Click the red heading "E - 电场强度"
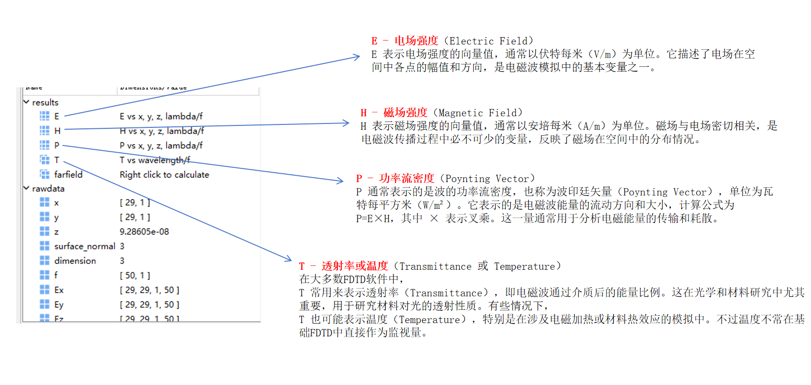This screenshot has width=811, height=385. click(404, 41)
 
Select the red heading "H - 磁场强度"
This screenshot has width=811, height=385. click(394, 113)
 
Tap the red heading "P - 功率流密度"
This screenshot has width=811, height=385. click(395, 179)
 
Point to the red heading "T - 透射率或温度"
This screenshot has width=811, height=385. click(343, 266)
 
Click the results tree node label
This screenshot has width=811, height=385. click(45, 102)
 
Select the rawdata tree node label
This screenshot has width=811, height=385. click(48, 189)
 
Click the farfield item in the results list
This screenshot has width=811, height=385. click(68, 175)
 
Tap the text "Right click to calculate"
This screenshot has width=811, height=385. click(164, 175)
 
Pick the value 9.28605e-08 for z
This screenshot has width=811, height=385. click(144, 232)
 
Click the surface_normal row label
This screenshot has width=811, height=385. click(84, 246)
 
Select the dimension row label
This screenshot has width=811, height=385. click(75, 261)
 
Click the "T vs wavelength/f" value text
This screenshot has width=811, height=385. click(154, 160)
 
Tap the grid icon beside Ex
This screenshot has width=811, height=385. click(44, 290)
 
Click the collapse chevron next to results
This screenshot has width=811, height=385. click(26, 102)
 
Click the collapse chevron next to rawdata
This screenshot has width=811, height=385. click(26, 188)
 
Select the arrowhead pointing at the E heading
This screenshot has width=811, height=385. click(357, 57)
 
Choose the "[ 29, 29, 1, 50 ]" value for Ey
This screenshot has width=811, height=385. click(149, 304)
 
